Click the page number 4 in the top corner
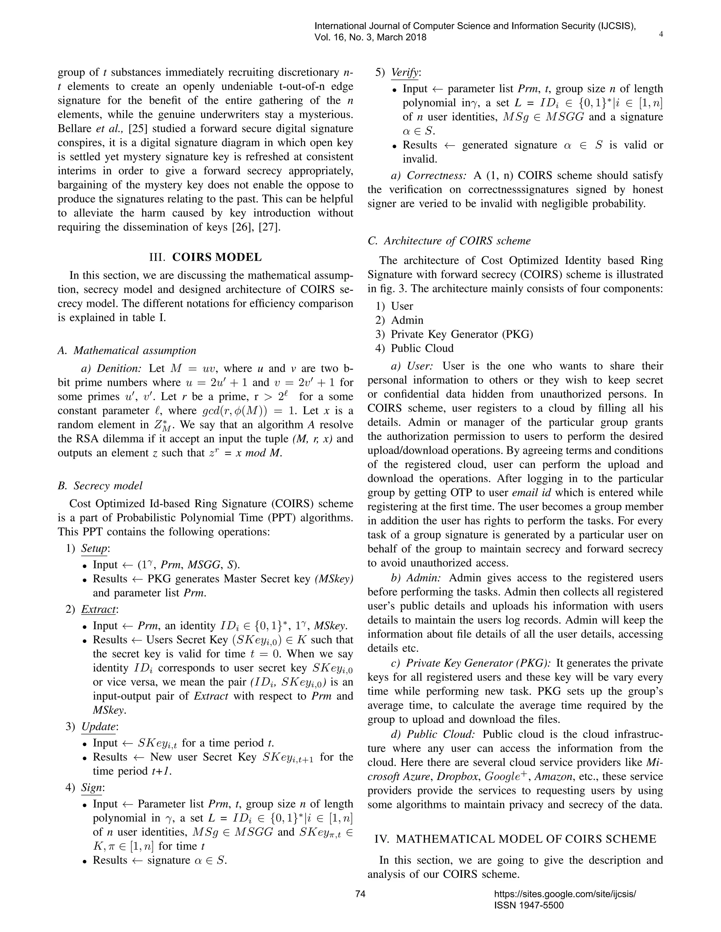pyautogui.click(x=661, y=34)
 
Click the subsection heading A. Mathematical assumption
pyautogui.click(x=127, y=350)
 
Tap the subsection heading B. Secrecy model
pyautogui.click(x=100, y=486)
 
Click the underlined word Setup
pyautogui.click(x=94, y=548)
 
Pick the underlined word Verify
pyautogui.click(x=405, y=72)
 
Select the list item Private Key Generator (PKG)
pyautogui.click(x=462, y=334)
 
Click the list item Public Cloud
pyautogui.click(x=422, y=348)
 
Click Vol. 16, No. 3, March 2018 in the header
pyautogui.click(x=370, y=37)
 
